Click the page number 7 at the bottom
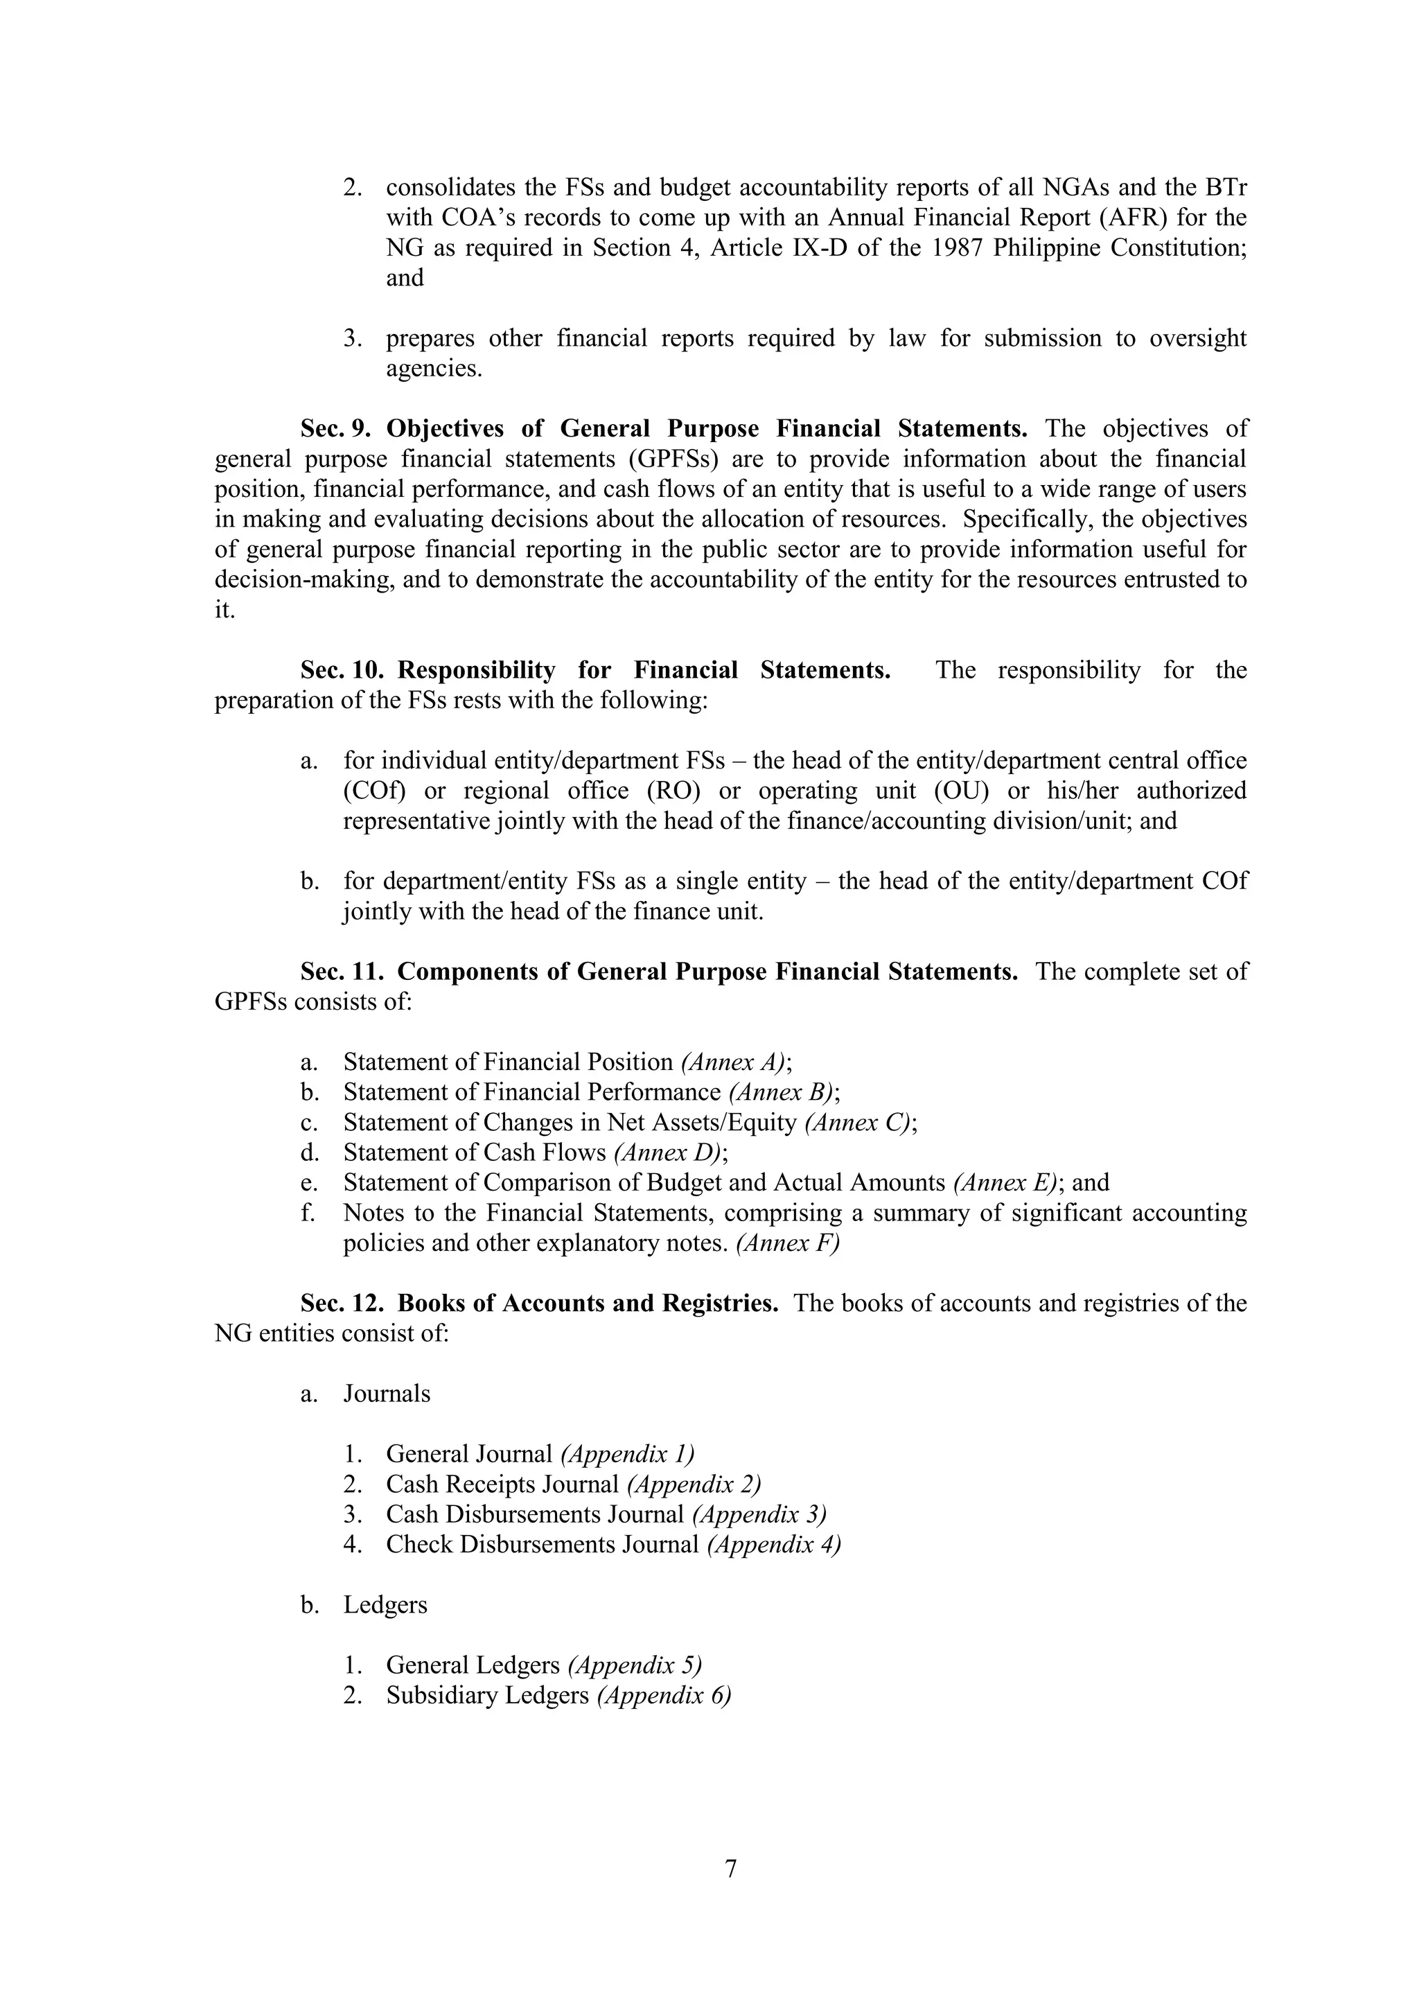(x=730, y=1868)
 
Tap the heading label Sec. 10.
(x=342, y=670)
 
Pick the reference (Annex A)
(x=733, y=1063)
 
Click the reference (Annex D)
(x=667, y=1153)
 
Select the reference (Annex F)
(x=787, y=1244)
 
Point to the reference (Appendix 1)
(x=626, y=1455)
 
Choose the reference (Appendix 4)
(x=773, y=1545)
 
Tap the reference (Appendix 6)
(x=663, y=1696)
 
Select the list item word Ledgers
(x=385, y=1606)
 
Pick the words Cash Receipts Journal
(x=502, y=1484)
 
